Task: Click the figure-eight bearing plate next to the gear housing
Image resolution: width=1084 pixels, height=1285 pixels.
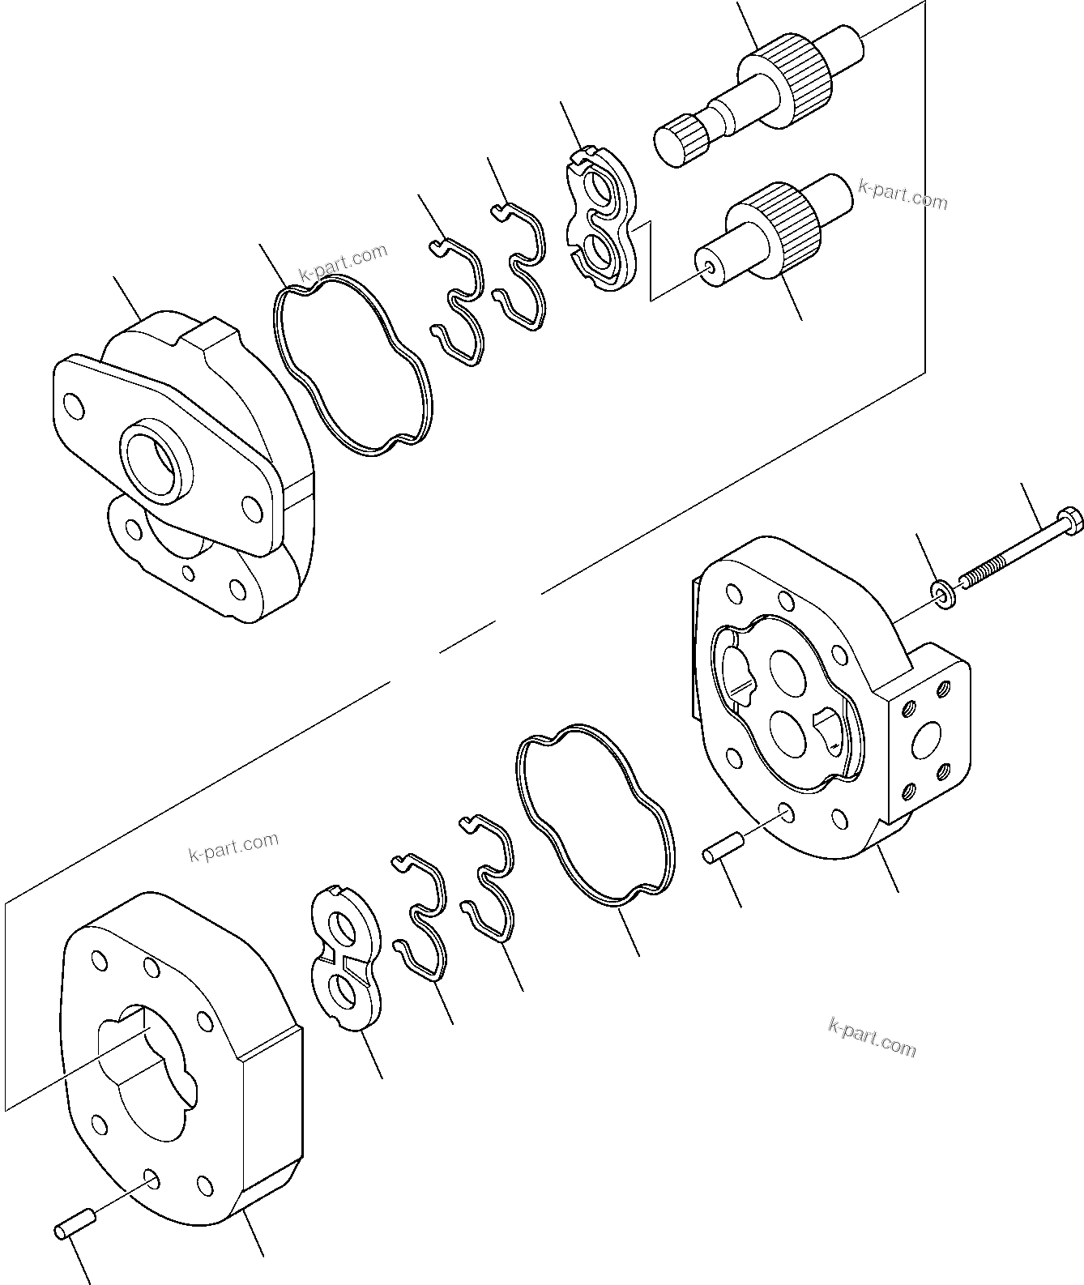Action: pos(346,958)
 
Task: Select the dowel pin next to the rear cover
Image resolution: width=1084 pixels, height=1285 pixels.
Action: pos(720,854)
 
